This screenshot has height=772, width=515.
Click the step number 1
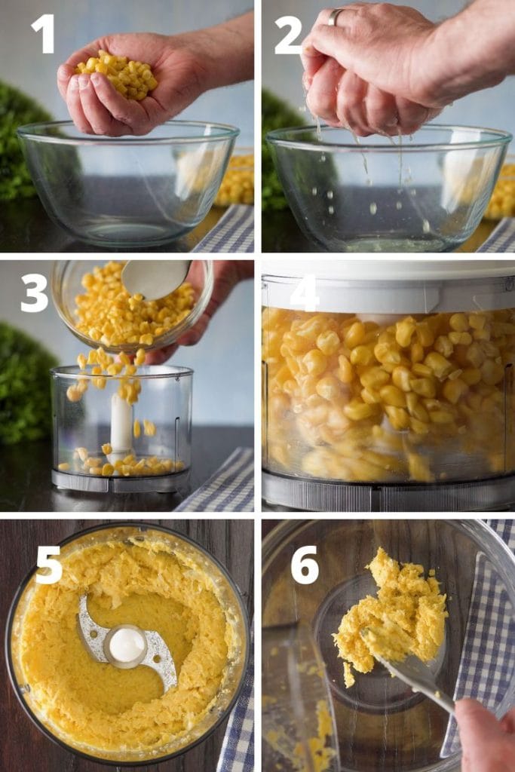tap(42, 34)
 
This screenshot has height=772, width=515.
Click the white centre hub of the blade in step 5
tap(127, 645)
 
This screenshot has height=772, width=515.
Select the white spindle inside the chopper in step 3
tap(121, 422)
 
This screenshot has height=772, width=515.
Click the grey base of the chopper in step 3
tap(121, 481)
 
